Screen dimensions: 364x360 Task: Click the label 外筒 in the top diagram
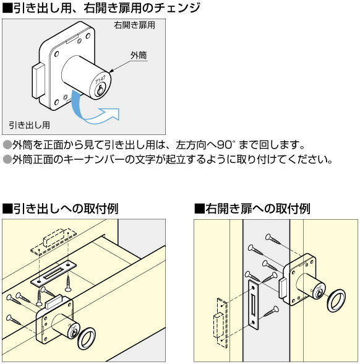(139, 55)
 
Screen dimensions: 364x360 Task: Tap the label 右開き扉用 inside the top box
(134, 26)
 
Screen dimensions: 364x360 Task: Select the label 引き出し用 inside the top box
(29, 124)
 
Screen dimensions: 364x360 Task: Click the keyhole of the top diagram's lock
(100, 90)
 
